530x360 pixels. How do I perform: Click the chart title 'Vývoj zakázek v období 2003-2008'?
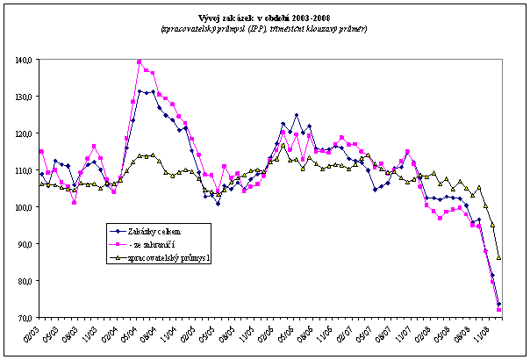tap(264, 17)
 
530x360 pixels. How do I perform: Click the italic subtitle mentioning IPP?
tap(264, 28)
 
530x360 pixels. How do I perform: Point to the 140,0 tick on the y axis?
tap(23, 60)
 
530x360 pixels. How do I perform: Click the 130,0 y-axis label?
tap(23, 97)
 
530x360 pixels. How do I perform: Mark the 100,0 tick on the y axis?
tap(23, 207)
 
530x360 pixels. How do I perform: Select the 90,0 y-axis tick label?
tap(25, 244)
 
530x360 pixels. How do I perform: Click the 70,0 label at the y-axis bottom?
tap(25, 317)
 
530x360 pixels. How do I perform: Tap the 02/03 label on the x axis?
tap(33, 334)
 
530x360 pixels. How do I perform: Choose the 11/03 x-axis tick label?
tap(94, 334)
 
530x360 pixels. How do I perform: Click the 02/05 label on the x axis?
tap(186, 334)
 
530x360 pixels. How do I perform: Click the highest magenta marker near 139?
tap(140, 62)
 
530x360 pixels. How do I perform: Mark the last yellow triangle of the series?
tap(499, 257)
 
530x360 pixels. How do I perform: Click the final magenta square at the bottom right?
tap(499, 310)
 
